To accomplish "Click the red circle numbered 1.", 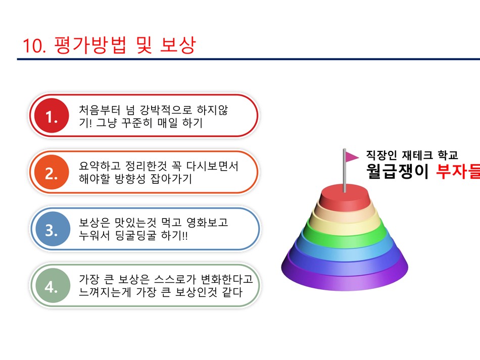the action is click(52, 116).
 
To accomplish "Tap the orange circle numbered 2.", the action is click(52, 172).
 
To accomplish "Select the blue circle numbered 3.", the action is click(53, 229).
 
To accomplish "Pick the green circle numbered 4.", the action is click(53, 285).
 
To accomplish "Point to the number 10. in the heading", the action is click(34, 46).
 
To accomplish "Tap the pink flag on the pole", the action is click(352, 157).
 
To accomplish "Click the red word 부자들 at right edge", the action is click(458, 171).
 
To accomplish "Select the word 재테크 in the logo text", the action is click(417, 155).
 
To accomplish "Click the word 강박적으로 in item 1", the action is click(166, 110).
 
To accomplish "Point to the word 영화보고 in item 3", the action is click(207, 222).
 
